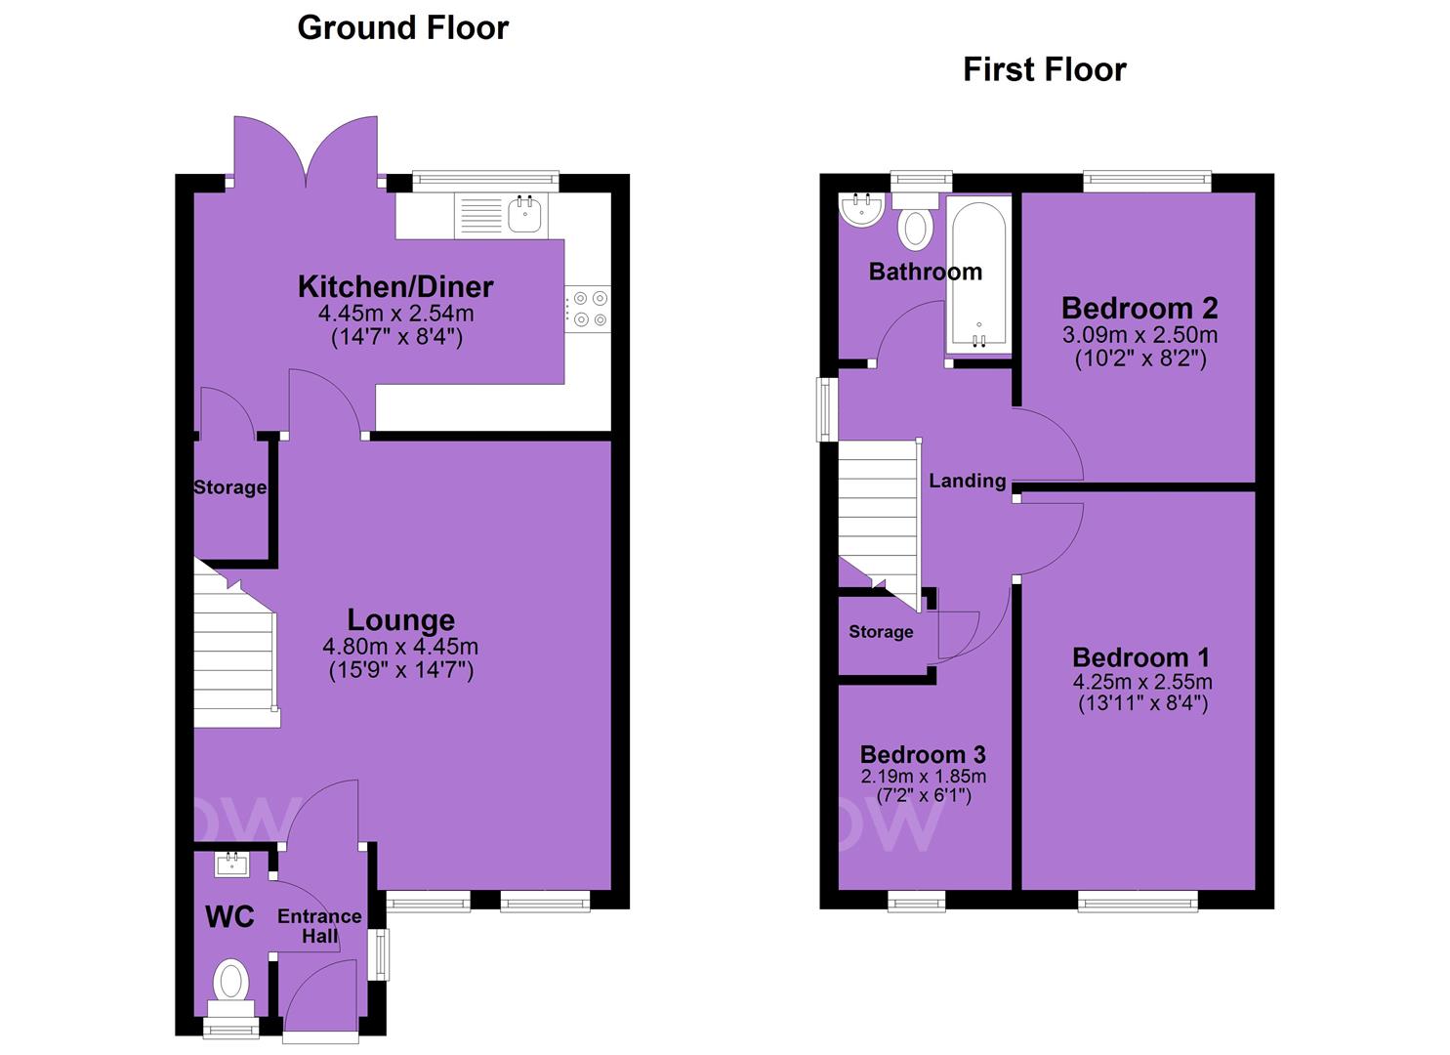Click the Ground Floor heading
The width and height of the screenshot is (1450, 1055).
(402, 29)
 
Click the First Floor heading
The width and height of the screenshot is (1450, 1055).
(1044, 70)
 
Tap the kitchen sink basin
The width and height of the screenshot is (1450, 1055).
(524, 214)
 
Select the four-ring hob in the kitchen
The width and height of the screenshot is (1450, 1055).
(588, 309)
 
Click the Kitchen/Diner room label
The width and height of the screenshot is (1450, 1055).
(395, 287)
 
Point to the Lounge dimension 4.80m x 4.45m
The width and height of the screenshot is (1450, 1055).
(400, 647)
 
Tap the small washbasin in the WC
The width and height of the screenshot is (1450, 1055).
(231, 864)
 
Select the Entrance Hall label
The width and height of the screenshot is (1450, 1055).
(319, 926)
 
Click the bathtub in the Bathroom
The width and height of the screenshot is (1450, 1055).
(978, 275)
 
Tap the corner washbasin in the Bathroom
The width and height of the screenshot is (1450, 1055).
(861, 210)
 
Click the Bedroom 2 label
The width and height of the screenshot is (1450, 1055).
(1139, 309)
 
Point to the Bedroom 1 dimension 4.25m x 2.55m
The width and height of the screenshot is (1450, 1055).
(1142, 681)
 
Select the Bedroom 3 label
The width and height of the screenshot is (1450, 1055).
(923, 754)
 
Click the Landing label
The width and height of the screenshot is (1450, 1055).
(967, 482)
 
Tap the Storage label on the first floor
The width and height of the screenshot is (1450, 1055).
(881, 631)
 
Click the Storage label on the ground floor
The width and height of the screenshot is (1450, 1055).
(229, 487)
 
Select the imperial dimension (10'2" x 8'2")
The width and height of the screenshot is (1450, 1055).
(1140, 359)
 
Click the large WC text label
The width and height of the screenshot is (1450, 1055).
(229, 917)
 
